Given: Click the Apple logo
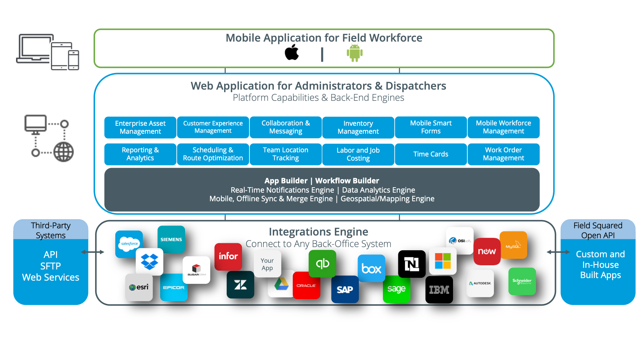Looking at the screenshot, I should (x=292, y=52).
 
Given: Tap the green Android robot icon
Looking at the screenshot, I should (x=354, y=53).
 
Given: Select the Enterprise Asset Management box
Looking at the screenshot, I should (x=140, y=127).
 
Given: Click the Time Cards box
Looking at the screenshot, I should (x=431, y=154).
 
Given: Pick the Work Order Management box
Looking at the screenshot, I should (x=503, y=154).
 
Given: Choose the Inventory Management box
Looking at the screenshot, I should (x=358, y=127).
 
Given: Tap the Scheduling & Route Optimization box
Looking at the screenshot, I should (x=213, y=154).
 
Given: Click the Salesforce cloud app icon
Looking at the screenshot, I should (x=129, y=244).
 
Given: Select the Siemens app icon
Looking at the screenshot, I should (x=171, y=239).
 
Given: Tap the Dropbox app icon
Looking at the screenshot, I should (x=150, y=261).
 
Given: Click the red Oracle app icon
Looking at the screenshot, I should (x=306, y=285).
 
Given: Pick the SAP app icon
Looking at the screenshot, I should (x=345, y=289).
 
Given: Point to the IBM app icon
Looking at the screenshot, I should (x=439, y=290).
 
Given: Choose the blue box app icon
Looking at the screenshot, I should (x=371, y=268).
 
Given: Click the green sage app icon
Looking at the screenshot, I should (x=396, y=289).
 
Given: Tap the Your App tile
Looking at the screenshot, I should (x=267, y=264).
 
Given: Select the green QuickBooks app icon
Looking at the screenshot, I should (x=322, y=263).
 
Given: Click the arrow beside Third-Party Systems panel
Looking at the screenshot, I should (x=93, y=252).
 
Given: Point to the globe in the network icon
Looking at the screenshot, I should (x=63, y=152).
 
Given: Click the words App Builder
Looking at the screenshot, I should (x=286, y=181).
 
